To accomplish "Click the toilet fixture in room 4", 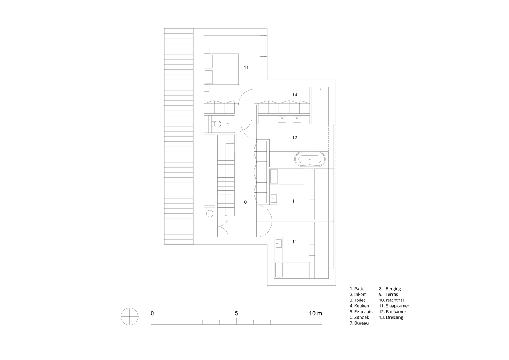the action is coord(216,124).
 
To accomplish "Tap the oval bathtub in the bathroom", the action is coord(310,159).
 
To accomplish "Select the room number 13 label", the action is coord(295,94).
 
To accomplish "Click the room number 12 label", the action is coord(295,137).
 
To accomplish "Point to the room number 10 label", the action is coord(244,202).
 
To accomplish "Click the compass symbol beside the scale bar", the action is coord(129,316).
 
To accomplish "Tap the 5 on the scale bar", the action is coord(236,313).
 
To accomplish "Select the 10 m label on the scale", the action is coord(316,313).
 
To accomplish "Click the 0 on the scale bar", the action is coord(152,313).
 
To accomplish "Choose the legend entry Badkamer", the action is coord(392,312).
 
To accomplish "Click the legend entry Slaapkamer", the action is coord(394,306).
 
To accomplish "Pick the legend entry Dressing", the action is coord(391,317).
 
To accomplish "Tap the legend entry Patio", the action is coord(357,289).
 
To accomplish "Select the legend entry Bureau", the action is coord(359,323).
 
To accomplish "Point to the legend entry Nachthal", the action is coord(391,300).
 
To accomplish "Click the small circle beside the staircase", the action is coord(209,213).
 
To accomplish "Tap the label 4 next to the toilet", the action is coord(228,124).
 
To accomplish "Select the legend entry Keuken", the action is coord(359,306).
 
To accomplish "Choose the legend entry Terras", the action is coord(388,294).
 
